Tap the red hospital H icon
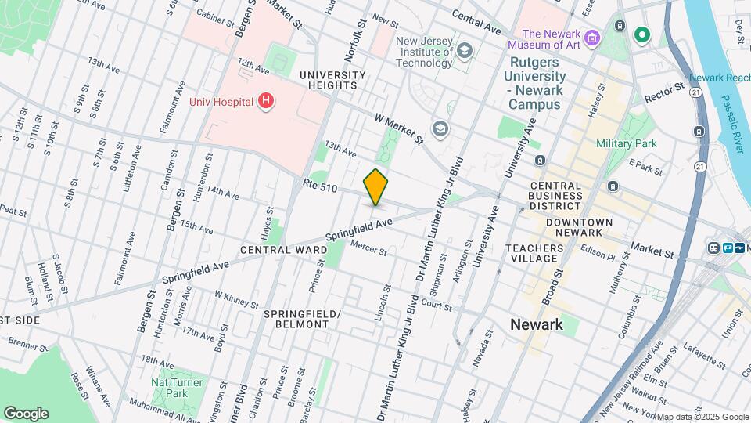click(267, 101)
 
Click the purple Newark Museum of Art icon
click(592, 38)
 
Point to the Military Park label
click(626, 143)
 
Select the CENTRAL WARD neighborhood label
click(283, 250)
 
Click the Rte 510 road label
click(320, 187)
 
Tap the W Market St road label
click(398, 129)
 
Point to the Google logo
click(26, 414)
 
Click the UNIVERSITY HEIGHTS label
click(332, 81)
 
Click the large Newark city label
click(536, 324)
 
